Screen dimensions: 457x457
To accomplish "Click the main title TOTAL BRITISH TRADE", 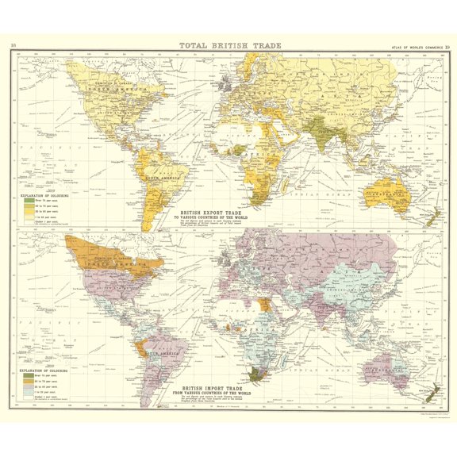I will coord(228,45).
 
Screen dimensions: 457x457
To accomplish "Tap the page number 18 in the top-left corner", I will coord(15,45).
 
